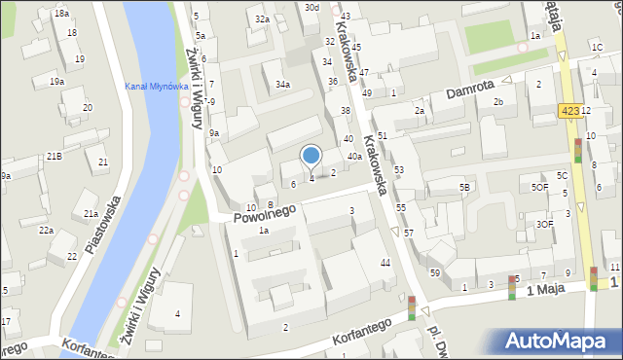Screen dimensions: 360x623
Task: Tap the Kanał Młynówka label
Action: (156, 86)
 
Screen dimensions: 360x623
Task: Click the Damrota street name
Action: (471, 93)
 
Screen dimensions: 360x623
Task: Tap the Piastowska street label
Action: (101, 225)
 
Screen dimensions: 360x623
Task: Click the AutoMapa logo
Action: (561, 341)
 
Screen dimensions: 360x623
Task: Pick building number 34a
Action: (281, 85)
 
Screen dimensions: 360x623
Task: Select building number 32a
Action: (262, 18)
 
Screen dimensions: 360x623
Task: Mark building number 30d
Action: (311, 7)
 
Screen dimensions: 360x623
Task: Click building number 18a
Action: (61, 14)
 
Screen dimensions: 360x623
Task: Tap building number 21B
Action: (55, 157)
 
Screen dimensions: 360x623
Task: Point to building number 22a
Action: (46, 231)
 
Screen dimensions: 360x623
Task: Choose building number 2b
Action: (498, 101)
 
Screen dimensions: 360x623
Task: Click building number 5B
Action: (465, 187)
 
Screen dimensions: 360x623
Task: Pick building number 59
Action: (435, 273)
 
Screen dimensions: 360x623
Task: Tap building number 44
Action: (385, 264)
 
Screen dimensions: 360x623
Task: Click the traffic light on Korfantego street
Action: (412, 309)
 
